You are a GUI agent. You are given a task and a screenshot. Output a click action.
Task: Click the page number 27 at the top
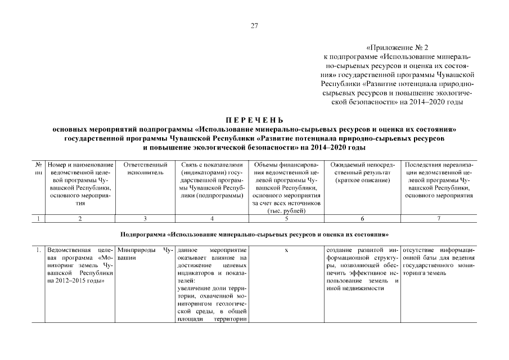tap(254, 25)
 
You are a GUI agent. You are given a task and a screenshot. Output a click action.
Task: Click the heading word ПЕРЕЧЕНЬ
tap(254, 120)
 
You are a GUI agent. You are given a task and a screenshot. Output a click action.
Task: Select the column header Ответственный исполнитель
tap(145, 168)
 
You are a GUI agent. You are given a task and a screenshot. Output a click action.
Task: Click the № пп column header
tap(39, 168)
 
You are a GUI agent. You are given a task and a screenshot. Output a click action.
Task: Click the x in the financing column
tap(286, 249)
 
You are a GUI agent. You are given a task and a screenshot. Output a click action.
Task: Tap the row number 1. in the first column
tap(38, 249)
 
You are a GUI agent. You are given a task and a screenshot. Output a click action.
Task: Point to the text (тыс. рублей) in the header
tap(286, 211)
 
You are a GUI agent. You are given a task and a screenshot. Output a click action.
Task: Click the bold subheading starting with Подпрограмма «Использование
tap(254, 233)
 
